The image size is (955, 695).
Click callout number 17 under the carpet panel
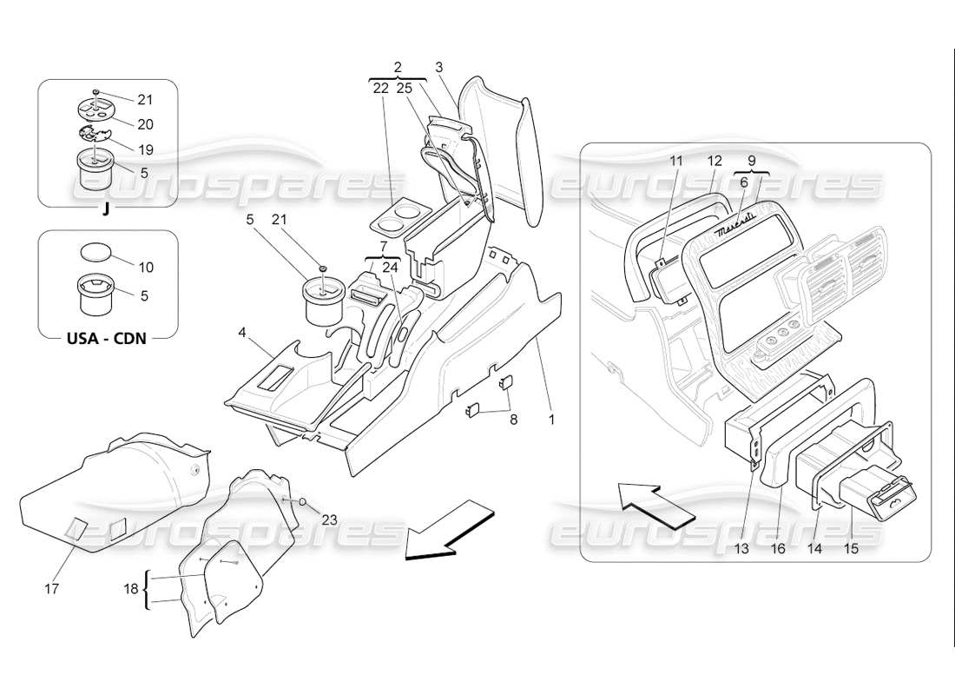(x=51, y=589)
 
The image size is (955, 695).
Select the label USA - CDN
(x=106, y=338)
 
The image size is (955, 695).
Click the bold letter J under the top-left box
(x=105, y=210)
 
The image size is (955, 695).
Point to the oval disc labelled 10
(x=95, y=253)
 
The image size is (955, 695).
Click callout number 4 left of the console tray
(x=243, y=332)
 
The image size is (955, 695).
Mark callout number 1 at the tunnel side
(x=550, y=419)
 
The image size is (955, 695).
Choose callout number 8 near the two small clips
(x=512, y=419)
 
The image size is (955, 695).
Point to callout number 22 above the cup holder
(x=380, y=88)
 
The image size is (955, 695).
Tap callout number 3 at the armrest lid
(x=439, y=67)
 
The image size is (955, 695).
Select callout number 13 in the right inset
(x=740, y=549)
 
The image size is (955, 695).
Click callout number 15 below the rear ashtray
(x=851, y=549)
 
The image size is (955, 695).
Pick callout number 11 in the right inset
(x=677, y=161)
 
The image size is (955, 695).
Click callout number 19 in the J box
(x=144, y=149)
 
